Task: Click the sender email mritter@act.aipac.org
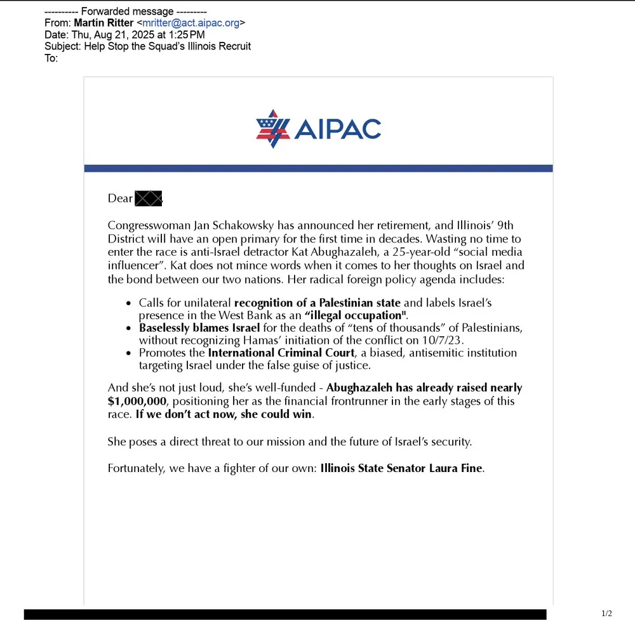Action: click(190, 23)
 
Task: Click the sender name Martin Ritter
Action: click(104, 23)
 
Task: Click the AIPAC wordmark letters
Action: click(337, 129)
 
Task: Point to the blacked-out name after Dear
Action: click(149, 198)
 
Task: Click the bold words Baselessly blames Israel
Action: click(199, 328)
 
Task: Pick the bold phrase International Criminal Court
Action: click(281, 353)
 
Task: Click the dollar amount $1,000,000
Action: click(137, 401)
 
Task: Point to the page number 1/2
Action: click(606, 614)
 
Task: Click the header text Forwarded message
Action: click(125, 11)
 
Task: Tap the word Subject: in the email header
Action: click(62, 46)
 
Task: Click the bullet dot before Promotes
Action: click(129, 353)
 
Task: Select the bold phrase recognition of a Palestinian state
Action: click(317, 303)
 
